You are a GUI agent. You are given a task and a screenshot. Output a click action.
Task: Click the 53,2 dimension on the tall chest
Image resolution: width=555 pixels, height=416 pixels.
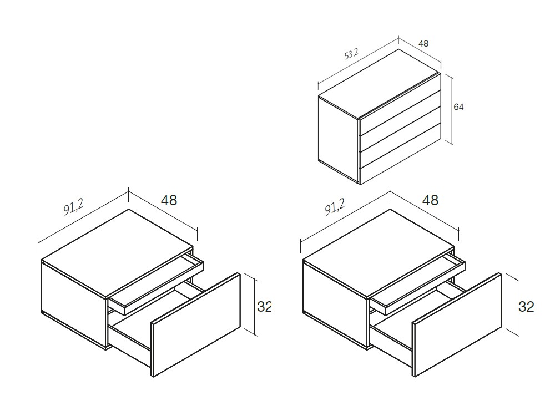point(352,54)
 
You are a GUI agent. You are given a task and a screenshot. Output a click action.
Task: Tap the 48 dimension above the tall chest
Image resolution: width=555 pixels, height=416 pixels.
point(423,43)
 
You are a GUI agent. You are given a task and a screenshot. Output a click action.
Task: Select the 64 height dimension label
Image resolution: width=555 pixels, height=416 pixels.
point(458,107)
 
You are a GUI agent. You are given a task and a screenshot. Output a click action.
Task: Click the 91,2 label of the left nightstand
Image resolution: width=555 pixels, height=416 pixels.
point(73,209)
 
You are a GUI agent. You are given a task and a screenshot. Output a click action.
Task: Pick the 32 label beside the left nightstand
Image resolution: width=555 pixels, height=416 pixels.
point(265,306)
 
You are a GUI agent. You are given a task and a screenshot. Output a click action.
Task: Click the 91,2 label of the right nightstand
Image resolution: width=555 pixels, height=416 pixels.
point(335,208)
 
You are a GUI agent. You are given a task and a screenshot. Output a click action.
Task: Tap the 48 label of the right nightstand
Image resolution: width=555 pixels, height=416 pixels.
point(430,200)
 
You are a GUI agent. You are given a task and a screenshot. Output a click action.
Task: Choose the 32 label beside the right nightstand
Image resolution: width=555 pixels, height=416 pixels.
point(526,306)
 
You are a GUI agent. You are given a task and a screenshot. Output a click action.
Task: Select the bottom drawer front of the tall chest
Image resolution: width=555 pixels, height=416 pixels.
point(401,165)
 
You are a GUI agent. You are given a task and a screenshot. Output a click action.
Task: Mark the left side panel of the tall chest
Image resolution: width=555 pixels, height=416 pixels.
point(338,138)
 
